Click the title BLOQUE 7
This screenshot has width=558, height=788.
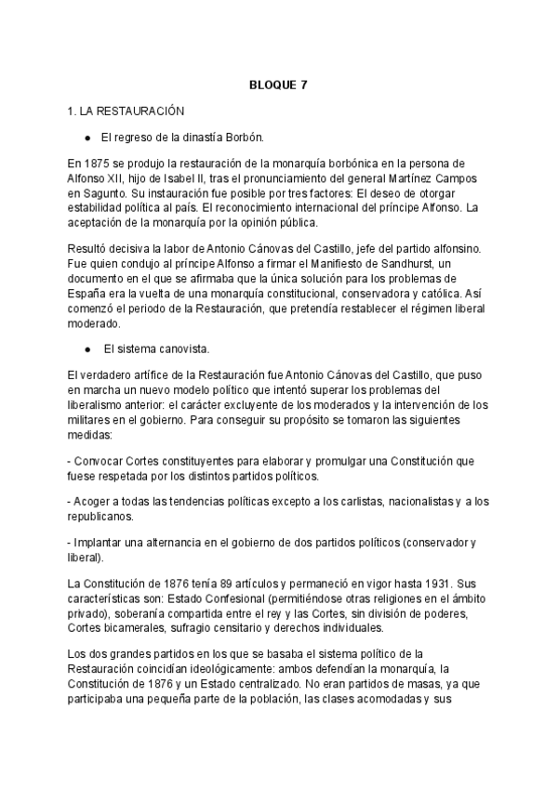(x=278, y=85)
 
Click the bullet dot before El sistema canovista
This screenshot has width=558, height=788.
(x=87, y=349)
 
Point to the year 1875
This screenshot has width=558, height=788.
(x=97, y=162)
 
